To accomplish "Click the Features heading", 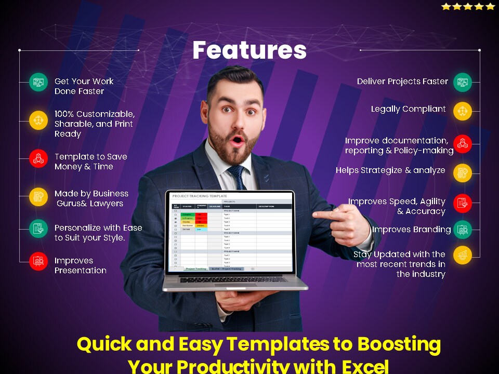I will click(x=249, y=50).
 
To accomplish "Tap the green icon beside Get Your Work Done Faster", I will click(x=38, y=82).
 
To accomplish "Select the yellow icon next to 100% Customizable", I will click(x=38, y=120).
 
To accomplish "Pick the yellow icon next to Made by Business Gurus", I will click(x=38, y=196).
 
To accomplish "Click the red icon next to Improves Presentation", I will click(x=38, y=261).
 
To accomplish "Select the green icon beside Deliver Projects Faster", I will click(x=462, y=82).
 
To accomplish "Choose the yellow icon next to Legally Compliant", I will click(x=462, y=111).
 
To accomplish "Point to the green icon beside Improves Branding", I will click(x=462, y=229).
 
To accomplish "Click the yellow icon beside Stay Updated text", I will click(x=462, y=255).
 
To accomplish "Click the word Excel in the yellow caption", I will click(x=364, y=367).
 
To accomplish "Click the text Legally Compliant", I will click(x=408, y=109).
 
